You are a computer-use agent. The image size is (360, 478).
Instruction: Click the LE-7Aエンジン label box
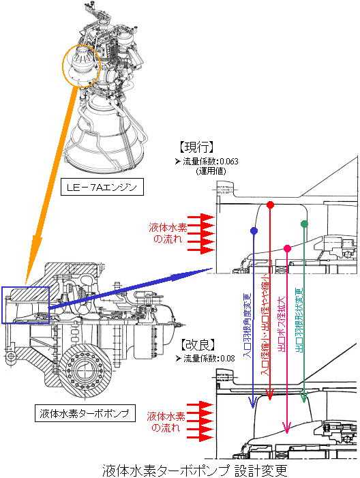click(x=102, y=187)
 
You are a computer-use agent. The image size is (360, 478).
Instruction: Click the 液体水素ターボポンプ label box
click(x=85, y=413)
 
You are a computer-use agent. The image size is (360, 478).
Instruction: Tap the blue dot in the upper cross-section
click(x=254, y=230)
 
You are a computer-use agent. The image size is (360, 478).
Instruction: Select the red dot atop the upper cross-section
click(x=270, y=205)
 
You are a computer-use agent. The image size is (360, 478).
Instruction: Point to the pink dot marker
click(x=287, y=248)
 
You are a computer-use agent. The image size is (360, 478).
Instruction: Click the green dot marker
click(x=304, y=224)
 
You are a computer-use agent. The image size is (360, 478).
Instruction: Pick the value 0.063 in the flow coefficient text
click(x=228, y=161)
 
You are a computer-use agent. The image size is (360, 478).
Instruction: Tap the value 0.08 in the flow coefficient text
click(x=228, y=359)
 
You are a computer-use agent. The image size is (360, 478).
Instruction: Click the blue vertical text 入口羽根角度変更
click(x=247, y=325)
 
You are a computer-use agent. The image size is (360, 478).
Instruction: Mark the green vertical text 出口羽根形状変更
click(x=299, y=320)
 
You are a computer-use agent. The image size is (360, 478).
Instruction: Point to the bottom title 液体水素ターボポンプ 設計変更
click(x=195, y=470)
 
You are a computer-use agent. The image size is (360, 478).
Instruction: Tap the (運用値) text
click(x=211, y=171)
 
